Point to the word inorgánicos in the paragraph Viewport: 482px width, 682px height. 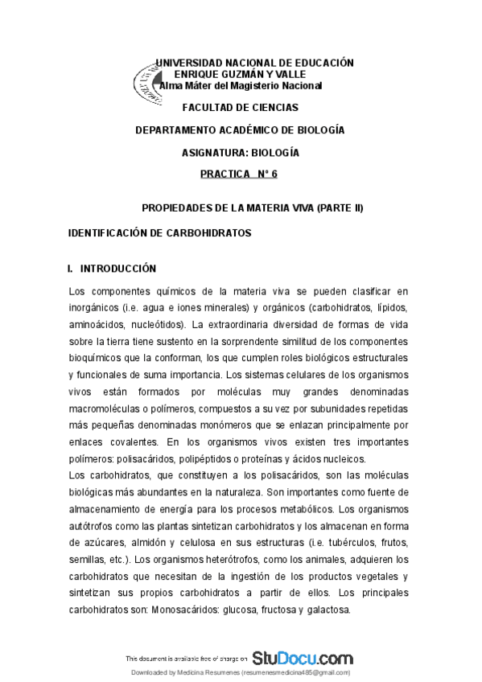94,308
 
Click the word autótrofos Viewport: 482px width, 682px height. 92,526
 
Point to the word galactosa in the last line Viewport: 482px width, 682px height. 328,610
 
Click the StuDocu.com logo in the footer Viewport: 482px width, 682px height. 302,657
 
